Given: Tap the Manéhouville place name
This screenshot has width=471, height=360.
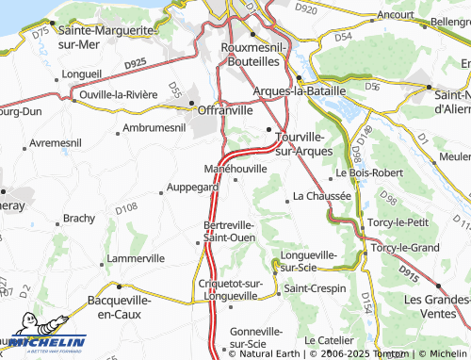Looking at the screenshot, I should point(235,169).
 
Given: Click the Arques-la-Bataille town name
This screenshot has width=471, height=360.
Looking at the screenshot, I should point(300,90).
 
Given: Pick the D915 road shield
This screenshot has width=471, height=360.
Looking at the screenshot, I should point(408,270).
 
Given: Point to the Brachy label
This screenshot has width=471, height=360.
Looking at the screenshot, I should point(78,218).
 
